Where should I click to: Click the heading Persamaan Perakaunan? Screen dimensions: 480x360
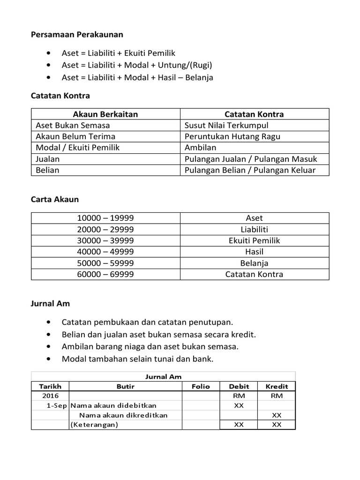tap(77, 35)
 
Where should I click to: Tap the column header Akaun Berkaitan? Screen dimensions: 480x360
tap(105, 114)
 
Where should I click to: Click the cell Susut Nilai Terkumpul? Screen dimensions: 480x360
tap(226, 125)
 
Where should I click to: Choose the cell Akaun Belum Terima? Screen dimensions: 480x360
tap(75, 136)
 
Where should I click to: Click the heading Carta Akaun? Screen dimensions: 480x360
tap(55, 199)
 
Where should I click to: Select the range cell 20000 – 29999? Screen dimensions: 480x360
tap(105, 229)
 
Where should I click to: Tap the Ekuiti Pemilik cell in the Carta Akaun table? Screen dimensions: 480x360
tap(254, 240)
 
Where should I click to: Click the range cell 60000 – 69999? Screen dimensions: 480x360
tap(105, 274)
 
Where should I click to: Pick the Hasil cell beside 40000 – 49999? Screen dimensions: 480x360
tap(254, 252)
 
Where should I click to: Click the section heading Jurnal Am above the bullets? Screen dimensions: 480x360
tap(50, 303)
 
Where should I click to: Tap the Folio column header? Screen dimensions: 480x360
tap(201, 386)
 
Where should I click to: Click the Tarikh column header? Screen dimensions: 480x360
tap(50, 386)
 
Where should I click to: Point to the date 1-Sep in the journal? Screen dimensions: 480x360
tap(57, 405)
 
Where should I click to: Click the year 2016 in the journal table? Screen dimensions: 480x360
tap(50, 396)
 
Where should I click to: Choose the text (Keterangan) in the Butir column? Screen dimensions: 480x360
tap(94, 425)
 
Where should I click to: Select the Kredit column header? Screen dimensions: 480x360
tap(277, 386)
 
